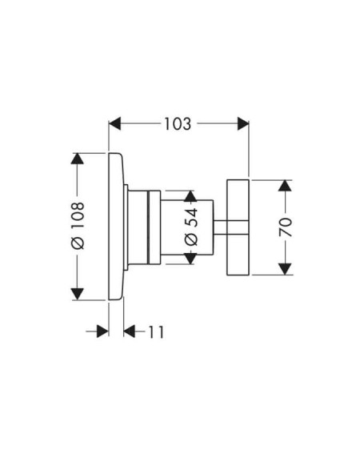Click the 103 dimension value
click(x=178, y=123)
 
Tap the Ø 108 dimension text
click(x=78, y=226)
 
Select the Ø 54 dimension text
click(x=191, y=227)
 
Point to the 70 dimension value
click(x=286, y=227)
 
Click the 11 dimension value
click(x=156, y=331)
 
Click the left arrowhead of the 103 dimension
click(x=114, y=123)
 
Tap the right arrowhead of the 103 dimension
click(x=243, y=123)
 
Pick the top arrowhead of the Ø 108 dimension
click(x=78, y=159)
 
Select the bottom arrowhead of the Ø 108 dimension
click(x=78, y=294)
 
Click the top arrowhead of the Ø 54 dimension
click(x=190, y=196)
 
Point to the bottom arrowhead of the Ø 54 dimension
click(x=190, y=259)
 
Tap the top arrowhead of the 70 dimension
click(x=285, y=186)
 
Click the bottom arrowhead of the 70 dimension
click(x=285, y=269)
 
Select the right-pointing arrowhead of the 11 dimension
click(x=102, y=331)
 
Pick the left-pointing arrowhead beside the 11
click(x=130, y=331)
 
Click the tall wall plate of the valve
click(x=116, y=226)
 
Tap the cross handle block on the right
click(x=238, y=227)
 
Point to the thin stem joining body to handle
click(x=220, y=227)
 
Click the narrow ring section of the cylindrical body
click(x=154, y=227)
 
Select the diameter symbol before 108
click(x=78, y=243)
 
